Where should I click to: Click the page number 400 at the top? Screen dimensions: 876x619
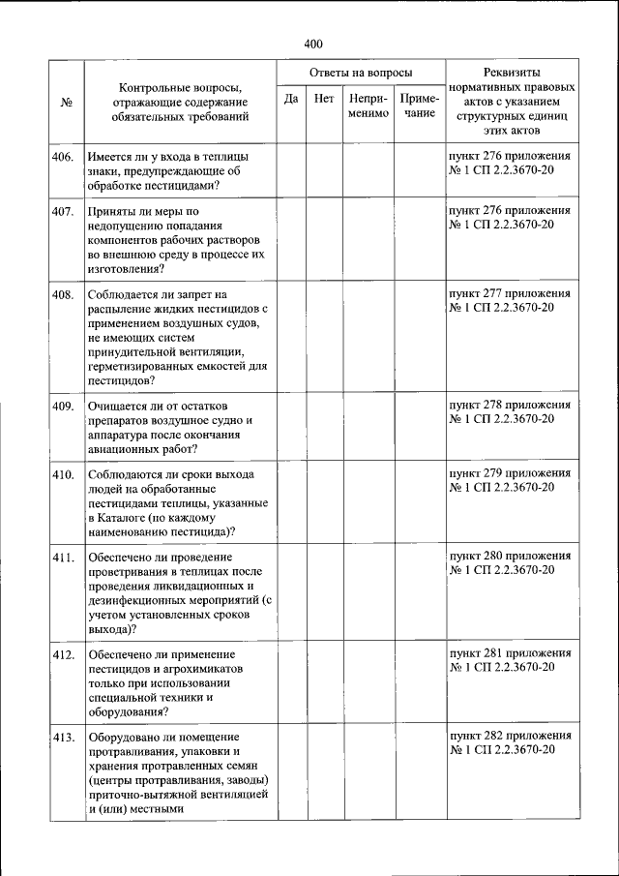click(311, 44)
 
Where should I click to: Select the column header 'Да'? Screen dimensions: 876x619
click(291, 99)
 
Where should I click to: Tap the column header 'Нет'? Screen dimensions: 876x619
click(324, 99)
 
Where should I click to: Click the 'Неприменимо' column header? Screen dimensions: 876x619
click(368, 106)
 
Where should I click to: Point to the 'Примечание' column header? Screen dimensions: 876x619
click(420, 106)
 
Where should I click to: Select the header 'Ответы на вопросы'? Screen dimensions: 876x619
click(360, 73)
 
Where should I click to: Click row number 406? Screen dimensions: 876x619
click(64, 155)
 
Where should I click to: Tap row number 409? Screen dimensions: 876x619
click(64, 406)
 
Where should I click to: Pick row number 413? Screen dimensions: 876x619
click(64, 738)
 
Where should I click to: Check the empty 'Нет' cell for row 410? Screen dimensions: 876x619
click(324, 503)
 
